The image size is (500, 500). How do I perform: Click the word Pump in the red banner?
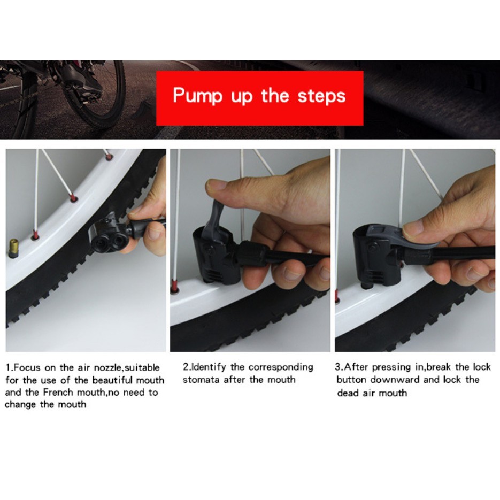point(197,96)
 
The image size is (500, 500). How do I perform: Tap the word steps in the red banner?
point(321,96)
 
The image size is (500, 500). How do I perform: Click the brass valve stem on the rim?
point(13,248)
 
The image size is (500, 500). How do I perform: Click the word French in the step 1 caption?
point(59,392)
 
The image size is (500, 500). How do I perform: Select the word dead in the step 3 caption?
point(348,393)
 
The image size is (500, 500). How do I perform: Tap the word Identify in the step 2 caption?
point(208,367)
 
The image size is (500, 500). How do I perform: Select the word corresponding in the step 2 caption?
point(281,367)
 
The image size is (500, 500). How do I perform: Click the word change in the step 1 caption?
point(20,405)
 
